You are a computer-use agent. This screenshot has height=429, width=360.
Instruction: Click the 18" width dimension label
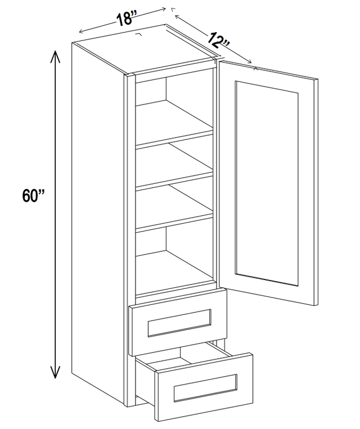(125, 19)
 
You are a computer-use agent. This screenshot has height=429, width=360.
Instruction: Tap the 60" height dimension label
(33, 196)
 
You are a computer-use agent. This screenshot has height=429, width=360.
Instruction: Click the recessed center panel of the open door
(267, 183)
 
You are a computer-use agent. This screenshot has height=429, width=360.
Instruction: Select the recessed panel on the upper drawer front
(179, 323)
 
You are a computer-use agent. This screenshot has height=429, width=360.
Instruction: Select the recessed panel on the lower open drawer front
(205, 388)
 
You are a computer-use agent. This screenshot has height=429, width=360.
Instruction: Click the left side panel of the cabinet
(98, 219)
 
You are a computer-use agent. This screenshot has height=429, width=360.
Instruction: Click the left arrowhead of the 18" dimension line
(81, 31)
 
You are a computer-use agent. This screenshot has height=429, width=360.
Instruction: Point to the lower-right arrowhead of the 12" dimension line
(249, 61)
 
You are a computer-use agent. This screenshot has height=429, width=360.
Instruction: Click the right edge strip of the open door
(316, 192)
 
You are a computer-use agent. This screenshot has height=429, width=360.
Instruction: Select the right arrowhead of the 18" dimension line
(164, 10)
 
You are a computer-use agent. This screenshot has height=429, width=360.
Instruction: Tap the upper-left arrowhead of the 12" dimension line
(177, 17)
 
